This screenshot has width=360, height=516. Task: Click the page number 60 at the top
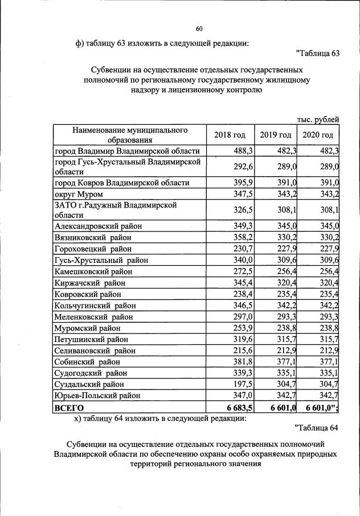[x=199, y=29]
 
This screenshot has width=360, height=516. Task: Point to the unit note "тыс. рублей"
[x=318, y=119]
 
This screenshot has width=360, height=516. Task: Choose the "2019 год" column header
[x=276, y=135]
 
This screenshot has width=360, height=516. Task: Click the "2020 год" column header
[x=318, y=135]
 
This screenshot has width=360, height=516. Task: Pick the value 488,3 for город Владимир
[x=243, y=151]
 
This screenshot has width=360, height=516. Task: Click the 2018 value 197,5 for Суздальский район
[x=243, y=384]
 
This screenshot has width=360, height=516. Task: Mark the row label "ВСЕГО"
[x=69, y=408]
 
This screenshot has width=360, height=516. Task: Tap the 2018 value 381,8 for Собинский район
[x=243, y=361]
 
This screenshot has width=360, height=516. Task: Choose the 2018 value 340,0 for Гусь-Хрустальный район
[x=243, y=260]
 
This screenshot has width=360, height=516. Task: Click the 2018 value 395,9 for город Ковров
[x=243, y=182]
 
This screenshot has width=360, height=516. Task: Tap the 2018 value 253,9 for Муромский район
[x=243, y=328]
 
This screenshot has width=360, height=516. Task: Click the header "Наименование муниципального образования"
[x=130, y=135]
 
